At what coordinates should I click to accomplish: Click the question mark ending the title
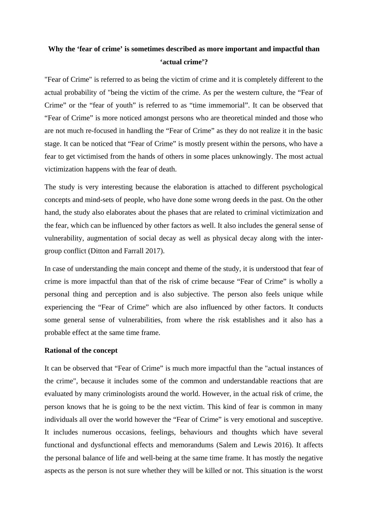point(206,62)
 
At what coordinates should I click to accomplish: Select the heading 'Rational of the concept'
point(81,351)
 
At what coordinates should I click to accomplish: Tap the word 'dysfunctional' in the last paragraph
point(103,445)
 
